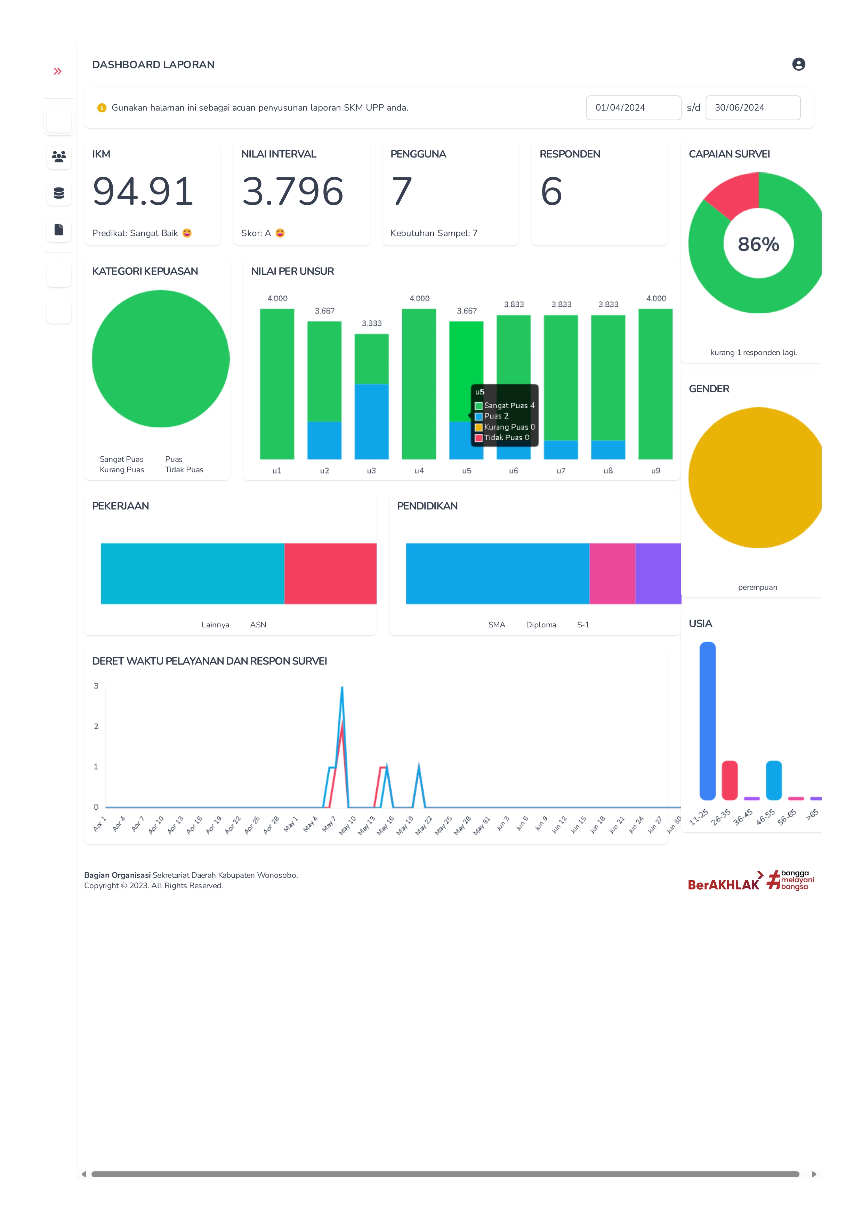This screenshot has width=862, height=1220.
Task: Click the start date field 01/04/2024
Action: pos(633,108)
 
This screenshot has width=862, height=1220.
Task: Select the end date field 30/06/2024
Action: pos(752,108)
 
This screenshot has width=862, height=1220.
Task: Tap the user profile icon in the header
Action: pos(798,64)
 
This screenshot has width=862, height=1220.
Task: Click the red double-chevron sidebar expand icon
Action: pos(58,71)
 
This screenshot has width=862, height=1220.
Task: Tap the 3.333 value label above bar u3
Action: pos(371,323)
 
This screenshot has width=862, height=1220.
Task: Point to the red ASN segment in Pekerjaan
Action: pos(330,573)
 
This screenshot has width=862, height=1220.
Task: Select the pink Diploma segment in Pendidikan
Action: pos(612,573)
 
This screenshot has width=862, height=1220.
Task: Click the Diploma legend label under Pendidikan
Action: pos(541,625)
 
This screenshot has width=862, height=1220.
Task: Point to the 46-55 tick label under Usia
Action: pos(765,817)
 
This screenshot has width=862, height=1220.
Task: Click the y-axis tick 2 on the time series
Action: pos(96,727)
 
